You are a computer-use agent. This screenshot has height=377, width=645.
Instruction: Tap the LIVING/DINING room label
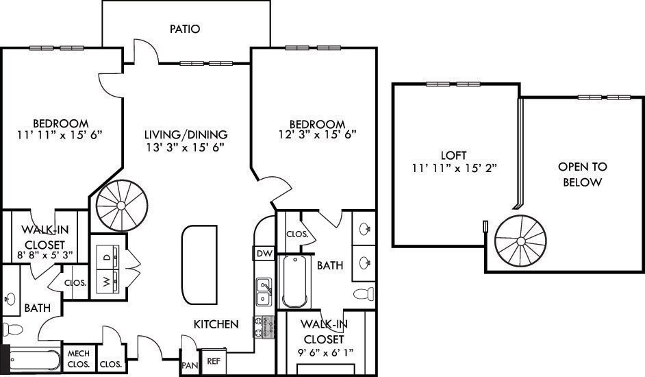click(x=186, y=134)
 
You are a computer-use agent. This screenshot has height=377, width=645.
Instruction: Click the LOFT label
click(x=453, y=155)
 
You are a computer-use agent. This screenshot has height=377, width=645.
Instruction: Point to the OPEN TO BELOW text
click(x=582, y=174)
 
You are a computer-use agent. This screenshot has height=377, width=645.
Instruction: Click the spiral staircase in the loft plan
click(x=520, y=241)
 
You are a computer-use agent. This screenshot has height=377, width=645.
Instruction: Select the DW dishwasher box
click(x=264, y=254)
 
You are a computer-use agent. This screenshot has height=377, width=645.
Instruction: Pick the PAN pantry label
click(x=189, y=366)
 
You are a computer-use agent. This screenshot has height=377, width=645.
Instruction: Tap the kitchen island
click(x=199, y=265)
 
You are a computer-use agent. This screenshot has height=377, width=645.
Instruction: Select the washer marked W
click(x=107, y=280)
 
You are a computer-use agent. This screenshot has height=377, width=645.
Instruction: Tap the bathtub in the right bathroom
click(x=295, y=282)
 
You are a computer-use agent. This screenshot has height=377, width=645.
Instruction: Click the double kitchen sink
click(x=263, y=291)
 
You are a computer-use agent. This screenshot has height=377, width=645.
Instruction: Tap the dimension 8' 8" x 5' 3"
click(x=44, y=256)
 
